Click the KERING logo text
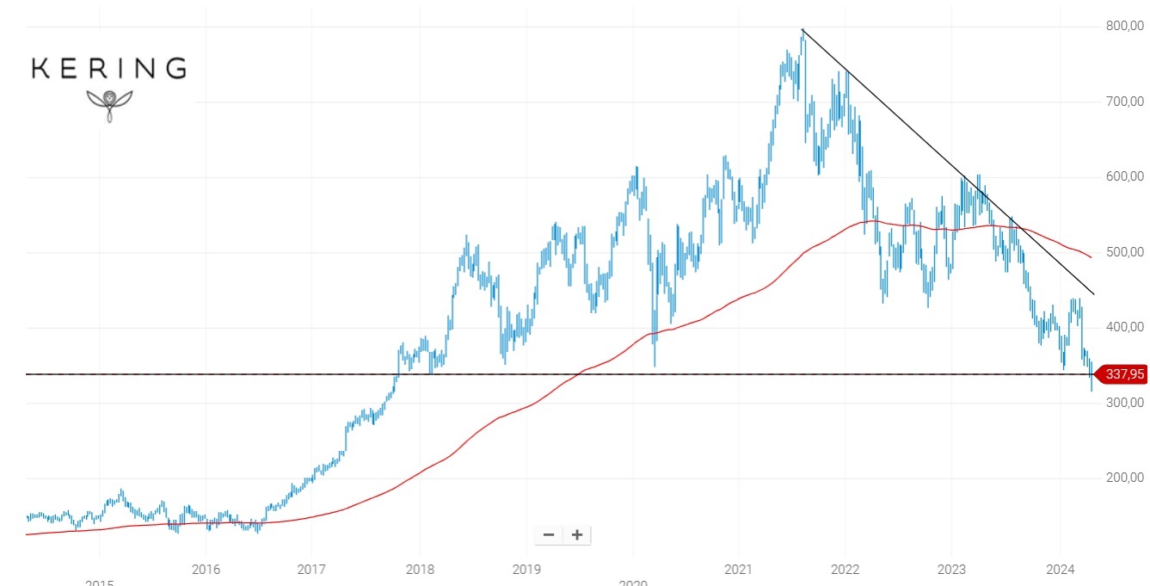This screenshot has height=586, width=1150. (108, 69)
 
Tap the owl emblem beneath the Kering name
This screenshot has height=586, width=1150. (109, 103)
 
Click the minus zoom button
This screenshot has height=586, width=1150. (549, 535)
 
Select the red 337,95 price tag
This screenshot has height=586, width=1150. (1124, 374)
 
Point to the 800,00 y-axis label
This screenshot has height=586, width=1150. (1124, 26)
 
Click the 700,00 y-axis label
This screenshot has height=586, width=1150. (1124, 102)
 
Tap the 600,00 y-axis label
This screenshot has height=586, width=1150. (1124, 176)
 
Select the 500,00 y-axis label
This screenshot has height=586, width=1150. (1124, 252)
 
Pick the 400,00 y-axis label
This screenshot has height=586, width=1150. (1124, 327)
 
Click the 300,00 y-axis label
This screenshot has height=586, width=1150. (1124, 403)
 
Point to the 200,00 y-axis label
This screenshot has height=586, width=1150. (1124, 478)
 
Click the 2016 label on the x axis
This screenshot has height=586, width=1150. (206, 570)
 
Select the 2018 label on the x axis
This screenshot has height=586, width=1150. (419, 570)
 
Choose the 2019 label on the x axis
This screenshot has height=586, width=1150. (526, 570)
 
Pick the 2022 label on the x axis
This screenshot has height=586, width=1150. (846, 570)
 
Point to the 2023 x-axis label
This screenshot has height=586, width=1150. (951, 570)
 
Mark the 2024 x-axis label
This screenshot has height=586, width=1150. (1059, 570)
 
